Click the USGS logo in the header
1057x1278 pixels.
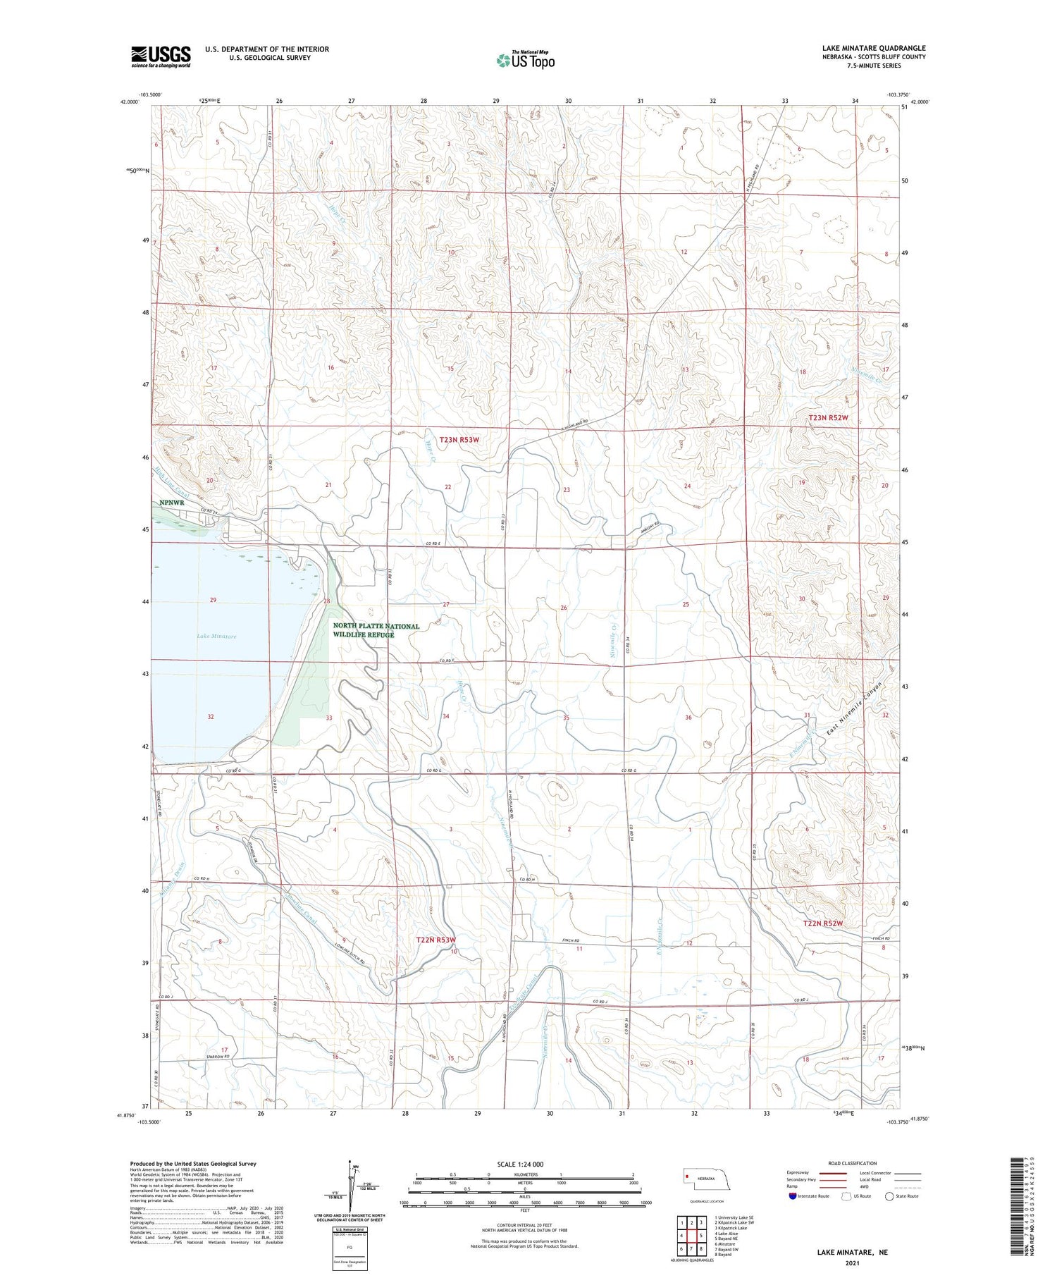pyautogui.click(x=161, y=56)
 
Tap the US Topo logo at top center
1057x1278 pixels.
pyautogui.click(x=525, y=61)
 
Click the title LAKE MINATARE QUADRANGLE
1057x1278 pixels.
pyautogui.click(x=873, y=49)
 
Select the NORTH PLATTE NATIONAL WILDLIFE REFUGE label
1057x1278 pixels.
pyautogui.click(x=376, y=630)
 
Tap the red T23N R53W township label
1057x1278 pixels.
pyautogui.click(x=459, y=439)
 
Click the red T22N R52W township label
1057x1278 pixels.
pyautogui.click(x=823, y=923)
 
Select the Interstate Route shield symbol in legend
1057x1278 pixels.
pyautogui.click(x=793, y=1196)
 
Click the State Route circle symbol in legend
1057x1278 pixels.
pyautogui.click(x=890, y=1196)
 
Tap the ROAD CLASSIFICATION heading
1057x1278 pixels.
pyautogui.click(x=852, y=1163)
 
